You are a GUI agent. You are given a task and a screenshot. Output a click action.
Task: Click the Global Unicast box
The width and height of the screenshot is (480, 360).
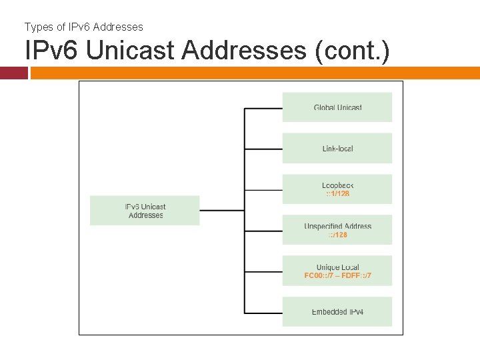(337, 107)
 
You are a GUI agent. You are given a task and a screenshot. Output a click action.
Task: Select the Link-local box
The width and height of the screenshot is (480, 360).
(337, 148)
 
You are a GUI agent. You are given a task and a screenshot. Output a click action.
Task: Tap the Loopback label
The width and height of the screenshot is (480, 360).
(337, 185)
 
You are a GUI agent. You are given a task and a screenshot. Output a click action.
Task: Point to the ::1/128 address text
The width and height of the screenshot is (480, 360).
(337, 194)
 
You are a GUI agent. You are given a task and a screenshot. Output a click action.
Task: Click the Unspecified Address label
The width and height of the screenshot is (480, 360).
(337, 227)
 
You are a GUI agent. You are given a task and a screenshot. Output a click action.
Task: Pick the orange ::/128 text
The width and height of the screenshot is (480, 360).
(337, 235)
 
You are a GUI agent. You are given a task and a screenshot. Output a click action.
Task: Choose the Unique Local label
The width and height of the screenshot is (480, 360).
(337, 267)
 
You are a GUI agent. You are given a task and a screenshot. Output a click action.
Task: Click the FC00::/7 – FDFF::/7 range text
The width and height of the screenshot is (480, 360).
(337, 276)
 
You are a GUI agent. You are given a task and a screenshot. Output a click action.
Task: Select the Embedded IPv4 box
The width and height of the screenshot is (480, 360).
(337, 311)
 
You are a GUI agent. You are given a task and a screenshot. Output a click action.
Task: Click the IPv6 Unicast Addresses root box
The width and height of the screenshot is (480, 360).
(145, 211)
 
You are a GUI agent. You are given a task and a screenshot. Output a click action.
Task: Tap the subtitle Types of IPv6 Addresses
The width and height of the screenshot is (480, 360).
(84, 27)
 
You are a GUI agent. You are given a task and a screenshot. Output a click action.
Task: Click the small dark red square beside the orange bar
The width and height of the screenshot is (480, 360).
(14, 73)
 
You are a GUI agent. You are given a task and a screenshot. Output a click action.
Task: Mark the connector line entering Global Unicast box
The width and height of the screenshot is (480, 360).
(263, 108)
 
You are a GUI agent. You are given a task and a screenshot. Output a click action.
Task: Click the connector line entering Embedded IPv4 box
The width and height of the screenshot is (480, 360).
(263, 312)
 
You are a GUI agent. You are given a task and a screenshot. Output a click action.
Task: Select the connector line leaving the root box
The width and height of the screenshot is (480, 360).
(221, 211)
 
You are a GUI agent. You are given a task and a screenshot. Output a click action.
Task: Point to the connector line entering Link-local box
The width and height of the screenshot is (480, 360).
(263, 149)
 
